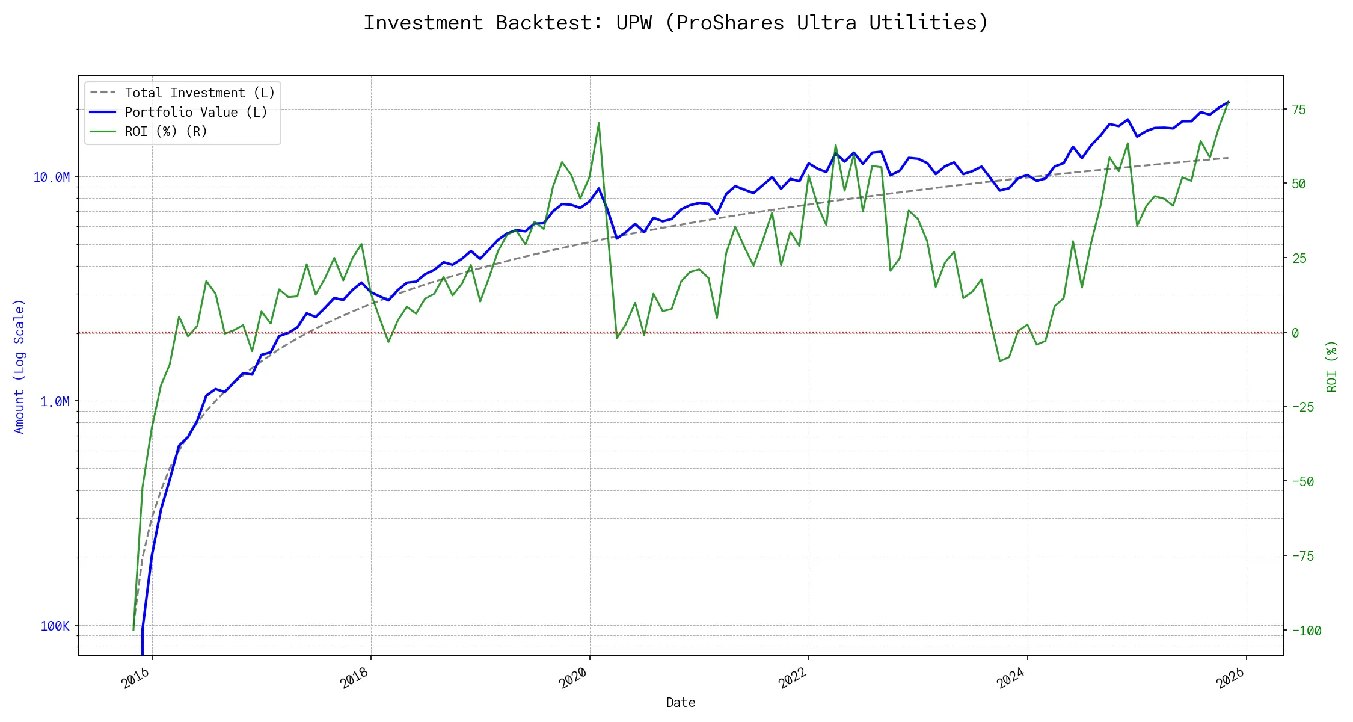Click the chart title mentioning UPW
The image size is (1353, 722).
point(676,23)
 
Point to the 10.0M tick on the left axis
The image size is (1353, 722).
point(51,177)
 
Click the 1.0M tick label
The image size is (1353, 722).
point(55,401)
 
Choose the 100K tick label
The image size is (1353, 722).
point(55,626)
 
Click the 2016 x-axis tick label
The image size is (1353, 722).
point(136,679)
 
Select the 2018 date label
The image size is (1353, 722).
point(355,679)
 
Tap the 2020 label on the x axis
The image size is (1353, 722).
point(574,679)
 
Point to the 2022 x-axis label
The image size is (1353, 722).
point(793,679)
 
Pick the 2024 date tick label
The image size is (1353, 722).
point(1011,679)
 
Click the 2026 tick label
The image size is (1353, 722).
point(1230,679)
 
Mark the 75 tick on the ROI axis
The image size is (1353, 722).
point(1299,110)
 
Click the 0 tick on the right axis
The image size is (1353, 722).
point(1296,333)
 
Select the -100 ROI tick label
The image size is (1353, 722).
point(1307,631)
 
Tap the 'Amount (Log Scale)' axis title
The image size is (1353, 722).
point(19,366)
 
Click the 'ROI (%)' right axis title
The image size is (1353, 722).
point(1332,366)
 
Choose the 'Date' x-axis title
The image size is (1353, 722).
point(681,703)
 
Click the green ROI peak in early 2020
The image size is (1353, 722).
point(599,123)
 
